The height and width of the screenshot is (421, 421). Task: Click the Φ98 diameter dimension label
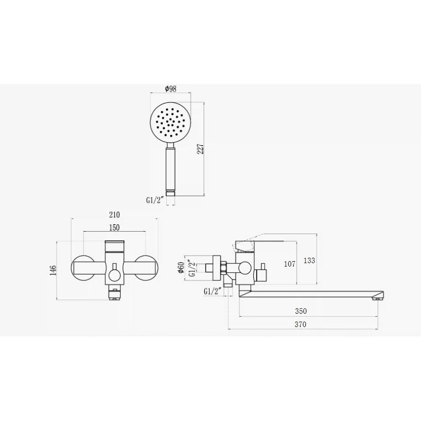point(171,89)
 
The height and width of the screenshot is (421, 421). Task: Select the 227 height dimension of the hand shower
point(201,149)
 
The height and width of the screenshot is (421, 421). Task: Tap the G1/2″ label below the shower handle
point(154,200)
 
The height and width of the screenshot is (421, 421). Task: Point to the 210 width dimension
point(115,214)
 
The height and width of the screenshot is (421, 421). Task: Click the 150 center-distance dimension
point(115,227)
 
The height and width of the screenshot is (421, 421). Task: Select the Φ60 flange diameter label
point(180,268)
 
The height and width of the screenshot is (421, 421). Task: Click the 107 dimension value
point(290,264)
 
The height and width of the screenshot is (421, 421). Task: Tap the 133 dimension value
point(309,260)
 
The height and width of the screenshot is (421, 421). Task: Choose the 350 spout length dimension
point(301,311)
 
